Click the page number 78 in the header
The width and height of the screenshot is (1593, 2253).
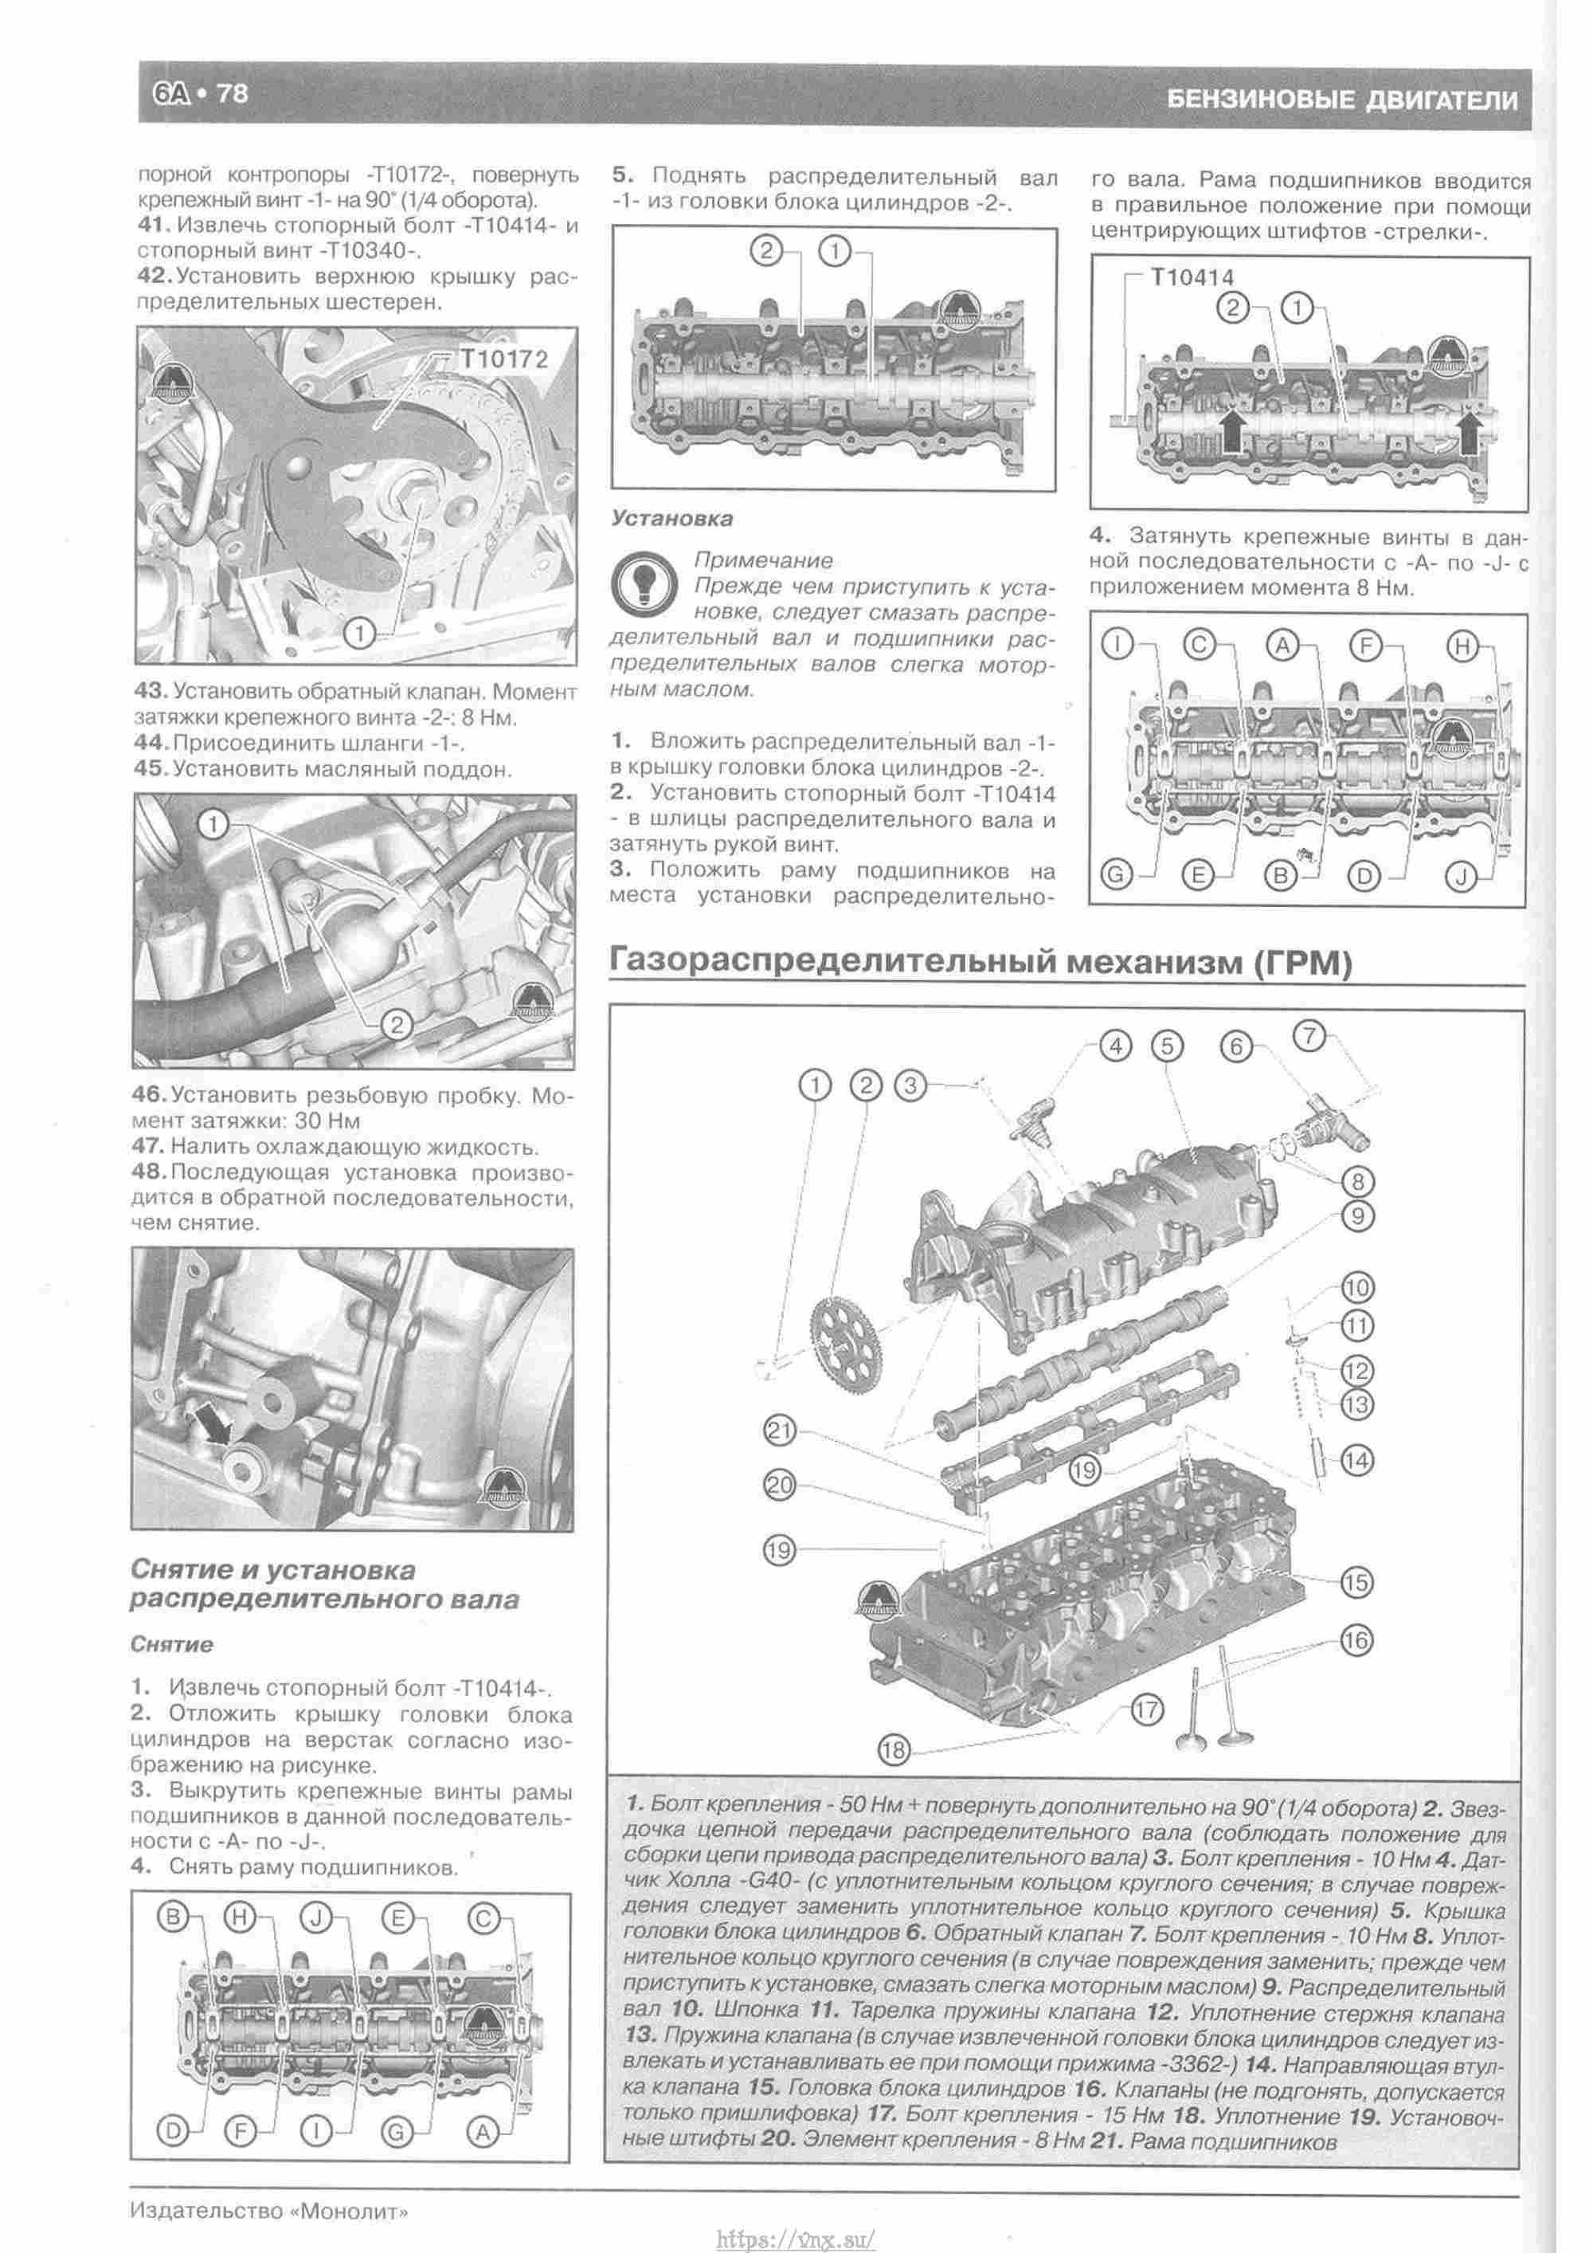point(232,94)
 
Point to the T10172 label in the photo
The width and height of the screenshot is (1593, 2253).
point(504,359)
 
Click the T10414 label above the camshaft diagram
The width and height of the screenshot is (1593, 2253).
point(1192,277)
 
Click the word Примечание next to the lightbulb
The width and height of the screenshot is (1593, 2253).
point(763,560)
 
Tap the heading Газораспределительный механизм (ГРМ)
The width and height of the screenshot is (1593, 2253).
point(980,962)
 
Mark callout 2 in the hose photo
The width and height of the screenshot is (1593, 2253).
point(397,1026)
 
